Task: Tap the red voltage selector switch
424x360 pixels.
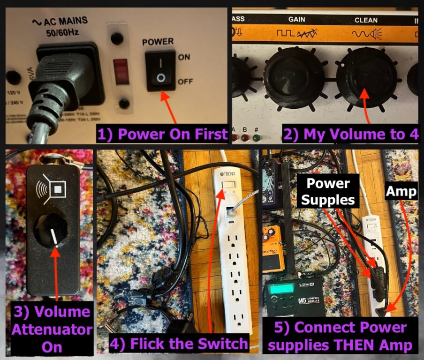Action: click(121, 71)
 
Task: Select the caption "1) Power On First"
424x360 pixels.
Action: click(162, 135)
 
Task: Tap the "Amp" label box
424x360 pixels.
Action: click(401, 191)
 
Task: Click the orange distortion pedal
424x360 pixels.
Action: click(273, 248)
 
